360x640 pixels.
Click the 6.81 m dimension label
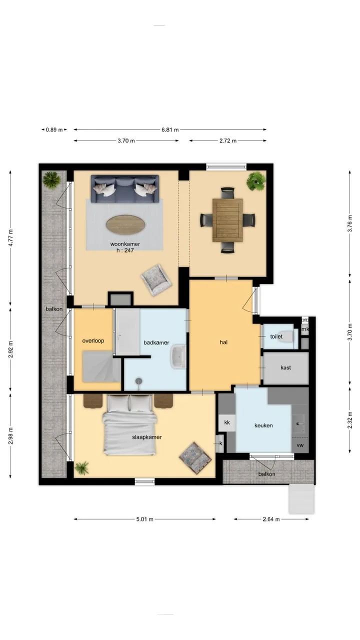pos(170,129)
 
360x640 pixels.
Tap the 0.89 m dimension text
pos(54,129)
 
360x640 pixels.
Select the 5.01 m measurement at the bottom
pos(145,519)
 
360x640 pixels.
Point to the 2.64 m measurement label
pos(271,519)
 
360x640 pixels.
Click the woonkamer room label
pos(125,244)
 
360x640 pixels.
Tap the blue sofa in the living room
pos(125,189)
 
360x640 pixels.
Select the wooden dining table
pos(227,220)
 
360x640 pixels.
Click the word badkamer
pos(156,342)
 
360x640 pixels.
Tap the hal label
pos(223,342)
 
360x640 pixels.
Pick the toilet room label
pos(276,336)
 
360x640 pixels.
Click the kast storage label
pos(285,367)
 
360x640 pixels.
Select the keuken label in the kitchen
pos(263,425)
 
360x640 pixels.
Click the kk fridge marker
pos(227,422)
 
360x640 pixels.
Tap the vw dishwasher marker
pos(300,445)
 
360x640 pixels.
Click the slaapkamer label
pos(147,437)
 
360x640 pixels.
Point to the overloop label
pos(93,340)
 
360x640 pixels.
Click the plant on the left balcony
pos(51,179)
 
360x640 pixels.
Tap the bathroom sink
pos(178,356)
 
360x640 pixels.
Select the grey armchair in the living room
pos(156,280)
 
